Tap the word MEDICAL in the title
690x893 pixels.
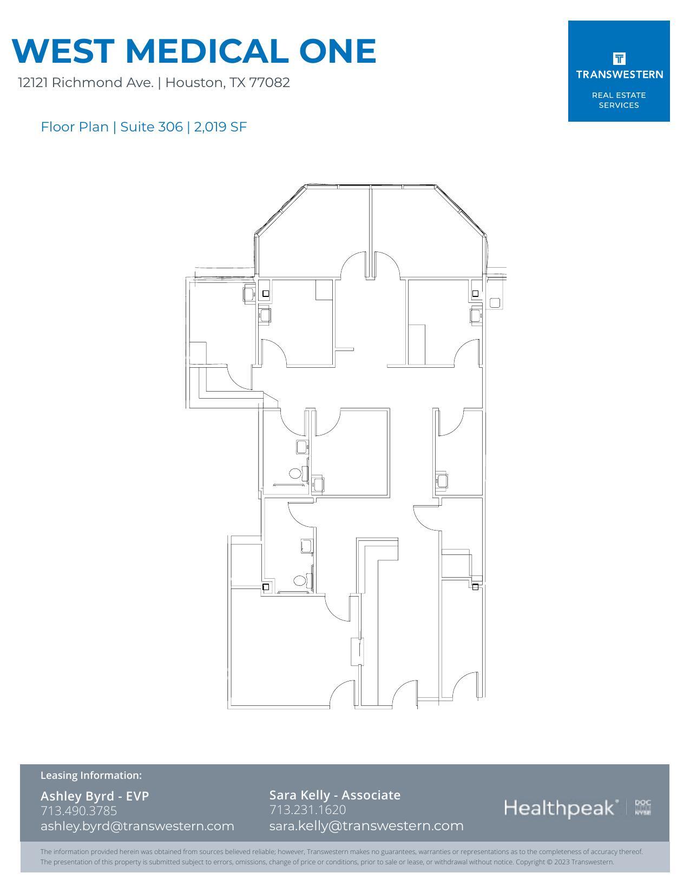point(207,51)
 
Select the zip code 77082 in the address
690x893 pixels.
point(270,83)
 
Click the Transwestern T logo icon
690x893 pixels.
point(619,58)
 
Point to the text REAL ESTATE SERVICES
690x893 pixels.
point(619,100)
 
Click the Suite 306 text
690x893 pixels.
point(152,127)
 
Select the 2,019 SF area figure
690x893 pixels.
point(220,127)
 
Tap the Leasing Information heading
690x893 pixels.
point(91,775)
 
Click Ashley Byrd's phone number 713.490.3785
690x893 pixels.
point(78,810)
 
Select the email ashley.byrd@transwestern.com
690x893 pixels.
point(137,825)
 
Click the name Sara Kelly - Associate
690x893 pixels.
point(335,795)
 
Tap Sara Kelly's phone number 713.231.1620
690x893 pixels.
point(307,809)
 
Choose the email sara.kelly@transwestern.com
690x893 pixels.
point(366,825)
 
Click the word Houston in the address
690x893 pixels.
point(194,83)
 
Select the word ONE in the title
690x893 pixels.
point(337,51)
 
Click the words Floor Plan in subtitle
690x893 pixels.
point(75,127)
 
